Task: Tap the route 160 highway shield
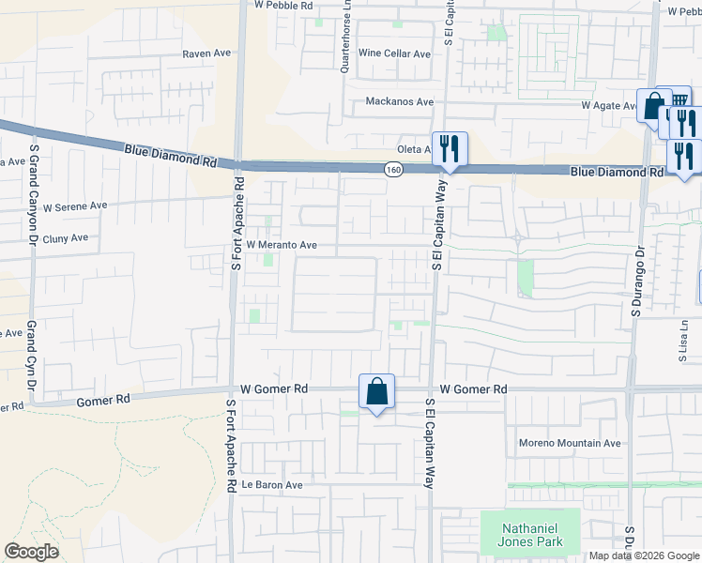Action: [x=393, y=169]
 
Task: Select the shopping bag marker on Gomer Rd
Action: [x=376, y=391]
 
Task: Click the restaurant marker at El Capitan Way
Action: [x=450, y=148]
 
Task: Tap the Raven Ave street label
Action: [x=206, y=53]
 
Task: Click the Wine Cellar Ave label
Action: [x=394, y=54]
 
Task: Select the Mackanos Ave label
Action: [x=400, y=101]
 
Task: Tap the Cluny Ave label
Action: [x=66, y=238]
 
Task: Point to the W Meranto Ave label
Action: [x=282, y=246]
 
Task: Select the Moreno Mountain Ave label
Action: [x=570, y=443]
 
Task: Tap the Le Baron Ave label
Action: [x=272, y=485]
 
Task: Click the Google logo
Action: [x=31, y=552]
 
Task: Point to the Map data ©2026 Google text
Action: [x=645, y=555]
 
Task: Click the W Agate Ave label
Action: [x=609, y=106]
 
